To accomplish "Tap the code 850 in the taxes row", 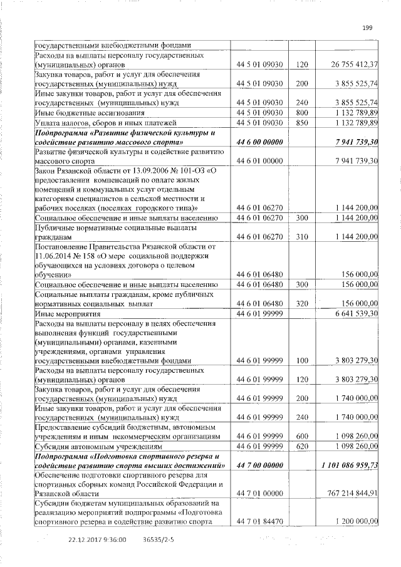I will pyautogui.click(x=302, y=122).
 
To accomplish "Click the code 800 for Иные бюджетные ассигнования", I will pyautogui.click(x=302, y=113).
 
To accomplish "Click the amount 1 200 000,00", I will pyautogui.click(x=357, y=522).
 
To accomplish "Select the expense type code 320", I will pyautogui.click(x=302, y=303).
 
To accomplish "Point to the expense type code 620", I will pyautogui.click(x=302, y=447).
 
